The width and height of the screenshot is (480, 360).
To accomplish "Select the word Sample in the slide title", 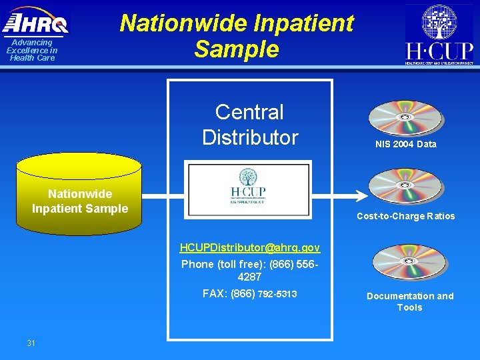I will point(237,49).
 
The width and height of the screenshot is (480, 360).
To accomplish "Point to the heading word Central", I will point(249,112).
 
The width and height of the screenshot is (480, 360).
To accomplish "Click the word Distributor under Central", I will point(250,137).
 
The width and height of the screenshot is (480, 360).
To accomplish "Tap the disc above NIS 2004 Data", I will point(406,119).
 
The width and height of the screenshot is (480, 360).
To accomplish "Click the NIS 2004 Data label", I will point(405,144).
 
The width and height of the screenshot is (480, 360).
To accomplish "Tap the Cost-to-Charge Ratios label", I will point(405,216).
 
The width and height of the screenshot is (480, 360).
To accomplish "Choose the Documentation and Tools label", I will point(409,301).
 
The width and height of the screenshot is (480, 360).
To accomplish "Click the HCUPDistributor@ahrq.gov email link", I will point(250,248).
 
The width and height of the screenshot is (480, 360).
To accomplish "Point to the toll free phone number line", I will point(250,270).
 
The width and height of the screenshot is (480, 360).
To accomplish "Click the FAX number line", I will point(250,293).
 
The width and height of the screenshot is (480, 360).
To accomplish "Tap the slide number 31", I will point(31,343).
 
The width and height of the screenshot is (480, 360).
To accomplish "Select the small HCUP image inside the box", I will point(248,189).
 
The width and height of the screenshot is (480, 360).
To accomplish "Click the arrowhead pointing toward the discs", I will point(361,196).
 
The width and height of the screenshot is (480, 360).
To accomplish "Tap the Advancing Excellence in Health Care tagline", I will point(32,50).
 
